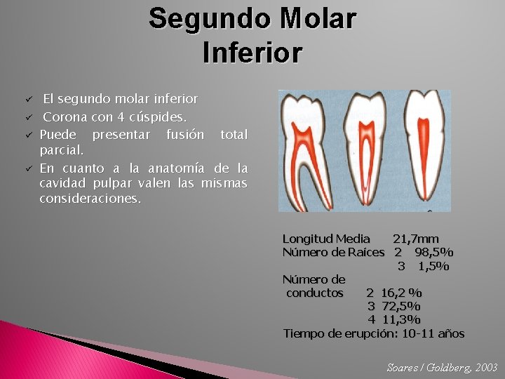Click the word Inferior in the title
252,53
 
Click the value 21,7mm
416,239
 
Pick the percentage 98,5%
433,253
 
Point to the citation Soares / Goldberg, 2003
442,367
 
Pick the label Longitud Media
326,239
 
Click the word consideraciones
90,199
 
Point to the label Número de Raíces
333,253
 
